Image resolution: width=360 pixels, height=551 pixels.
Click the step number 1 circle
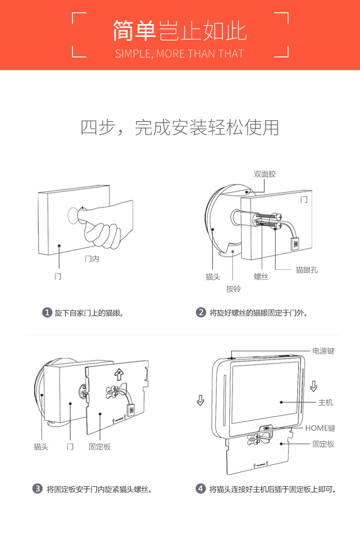tap(46, 313)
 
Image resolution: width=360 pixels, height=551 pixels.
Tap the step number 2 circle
tap(201, 313)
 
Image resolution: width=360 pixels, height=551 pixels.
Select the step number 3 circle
tap(38, 489)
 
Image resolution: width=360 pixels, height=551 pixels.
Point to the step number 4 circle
tap(201, 489)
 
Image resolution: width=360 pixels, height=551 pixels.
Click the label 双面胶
tap(265, 174)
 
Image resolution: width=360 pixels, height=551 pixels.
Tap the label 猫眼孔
tap(307, 270)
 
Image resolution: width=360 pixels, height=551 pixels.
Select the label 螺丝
tap(261, 276)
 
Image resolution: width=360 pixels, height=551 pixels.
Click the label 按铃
tap(233, 289)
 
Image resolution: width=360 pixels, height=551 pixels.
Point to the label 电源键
tap(323, 351)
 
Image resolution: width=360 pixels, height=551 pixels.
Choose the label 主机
tap(325, 403)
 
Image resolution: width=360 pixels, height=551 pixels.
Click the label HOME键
tap(320, 429)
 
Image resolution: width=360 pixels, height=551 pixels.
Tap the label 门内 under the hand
tap(92, 259)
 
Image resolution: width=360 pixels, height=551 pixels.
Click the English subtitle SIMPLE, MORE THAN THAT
tap(180, 54)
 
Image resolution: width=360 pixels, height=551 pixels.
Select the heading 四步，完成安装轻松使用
tap(180, 128)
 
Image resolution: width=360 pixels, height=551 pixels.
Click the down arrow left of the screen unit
tap(200, 400)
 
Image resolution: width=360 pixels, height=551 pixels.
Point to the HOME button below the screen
tap(267, 429)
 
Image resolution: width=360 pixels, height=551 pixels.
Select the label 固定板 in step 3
tap(100, 447)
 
